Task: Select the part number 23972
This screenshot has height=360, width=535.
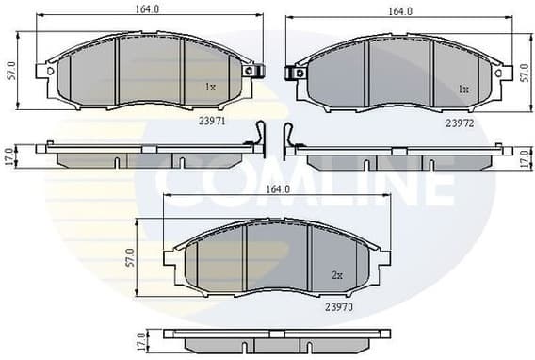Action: (x=459, y=123)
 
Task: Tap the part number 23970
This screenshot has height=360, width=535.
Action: (x=338, y=306)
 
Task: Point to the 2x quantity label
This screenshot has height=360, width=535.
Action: (x=336, y=275)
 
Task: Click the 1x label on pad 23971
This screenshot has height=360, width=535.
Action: (x=210, y=88)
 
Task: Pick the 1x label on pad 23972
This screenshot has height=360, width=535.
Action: (x=462, y=90)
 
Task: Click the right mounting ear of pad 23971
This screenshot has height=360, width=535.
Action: (x=250, y=70)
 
